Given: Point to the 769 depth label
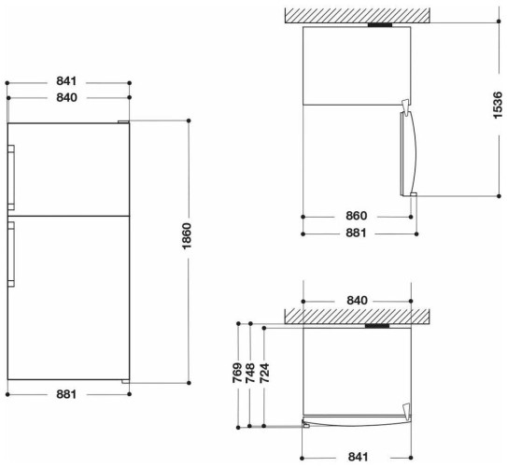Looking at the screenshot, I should pos(238,373).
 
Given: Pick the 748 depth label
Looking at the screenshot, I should pos(249,373).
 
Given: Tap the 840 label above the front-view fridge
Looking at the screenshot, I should pos(65,97).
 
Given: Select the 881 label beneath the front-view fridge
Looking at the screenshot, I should pos(65,395).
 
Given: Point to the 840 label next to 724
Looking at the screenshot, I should pos(359,300).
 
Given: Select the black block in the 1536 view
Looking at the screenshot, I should pos(380,25).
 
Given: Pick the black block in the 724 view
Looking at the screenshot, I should pos(378,327).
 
